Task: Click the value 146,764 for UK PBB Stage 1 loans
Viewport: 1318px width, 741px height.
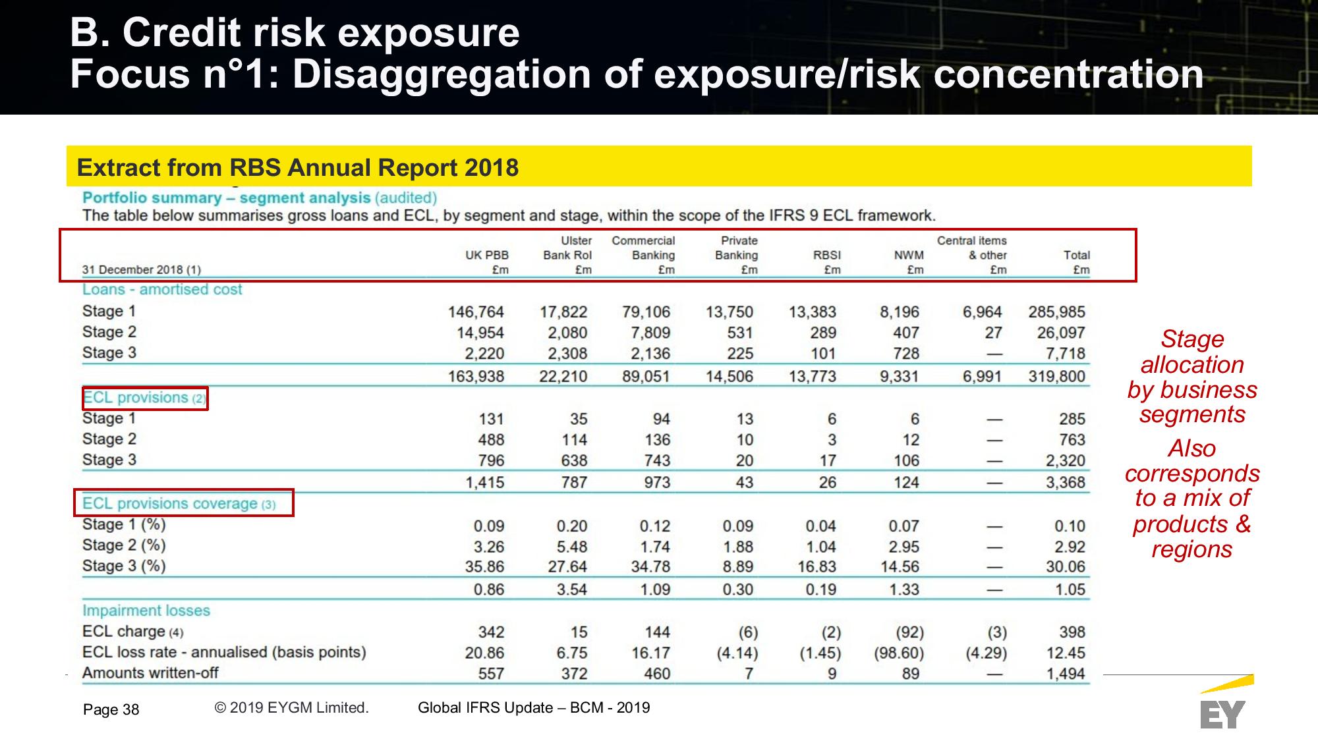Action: point(476,312)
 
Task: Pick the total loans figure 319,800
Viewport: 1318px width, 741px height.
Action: point(1056,377)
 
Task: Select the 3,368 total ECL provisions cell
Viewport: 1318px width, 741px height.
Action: point(1065,483)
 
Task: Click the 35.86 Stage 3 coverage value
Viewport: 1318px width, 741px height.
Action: point(484,567)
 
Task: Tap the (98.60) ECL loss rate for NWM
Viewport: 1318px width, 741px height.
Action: point(899,653)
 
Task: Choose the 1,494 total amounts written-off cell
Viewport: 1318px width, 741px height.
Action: point(1065,674)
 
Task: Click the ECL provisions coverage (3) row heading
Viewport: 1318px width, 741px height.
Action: point(179,504)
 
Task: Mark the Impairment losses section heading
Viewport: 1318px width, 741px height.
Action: point(146,611)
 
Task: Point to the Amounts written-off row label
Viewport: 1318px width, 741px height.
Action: point(150,673)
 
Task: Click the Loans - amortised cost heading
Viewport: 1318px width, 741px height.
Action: point(162,290)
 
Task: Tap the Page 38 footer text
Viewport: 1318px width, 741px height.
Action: point(111,709)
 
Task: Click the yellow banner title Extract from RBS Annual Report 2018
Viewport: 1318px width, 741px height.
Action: point(298,168)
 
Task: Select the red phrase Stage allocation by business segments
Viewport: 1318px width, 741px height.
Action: point(1191,377)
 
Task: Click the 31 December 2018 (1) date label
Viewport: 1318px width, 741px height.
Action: point(141,269)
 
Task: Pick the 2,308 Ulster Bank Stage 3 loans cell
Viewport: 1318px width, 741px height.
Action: point(567,354)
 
